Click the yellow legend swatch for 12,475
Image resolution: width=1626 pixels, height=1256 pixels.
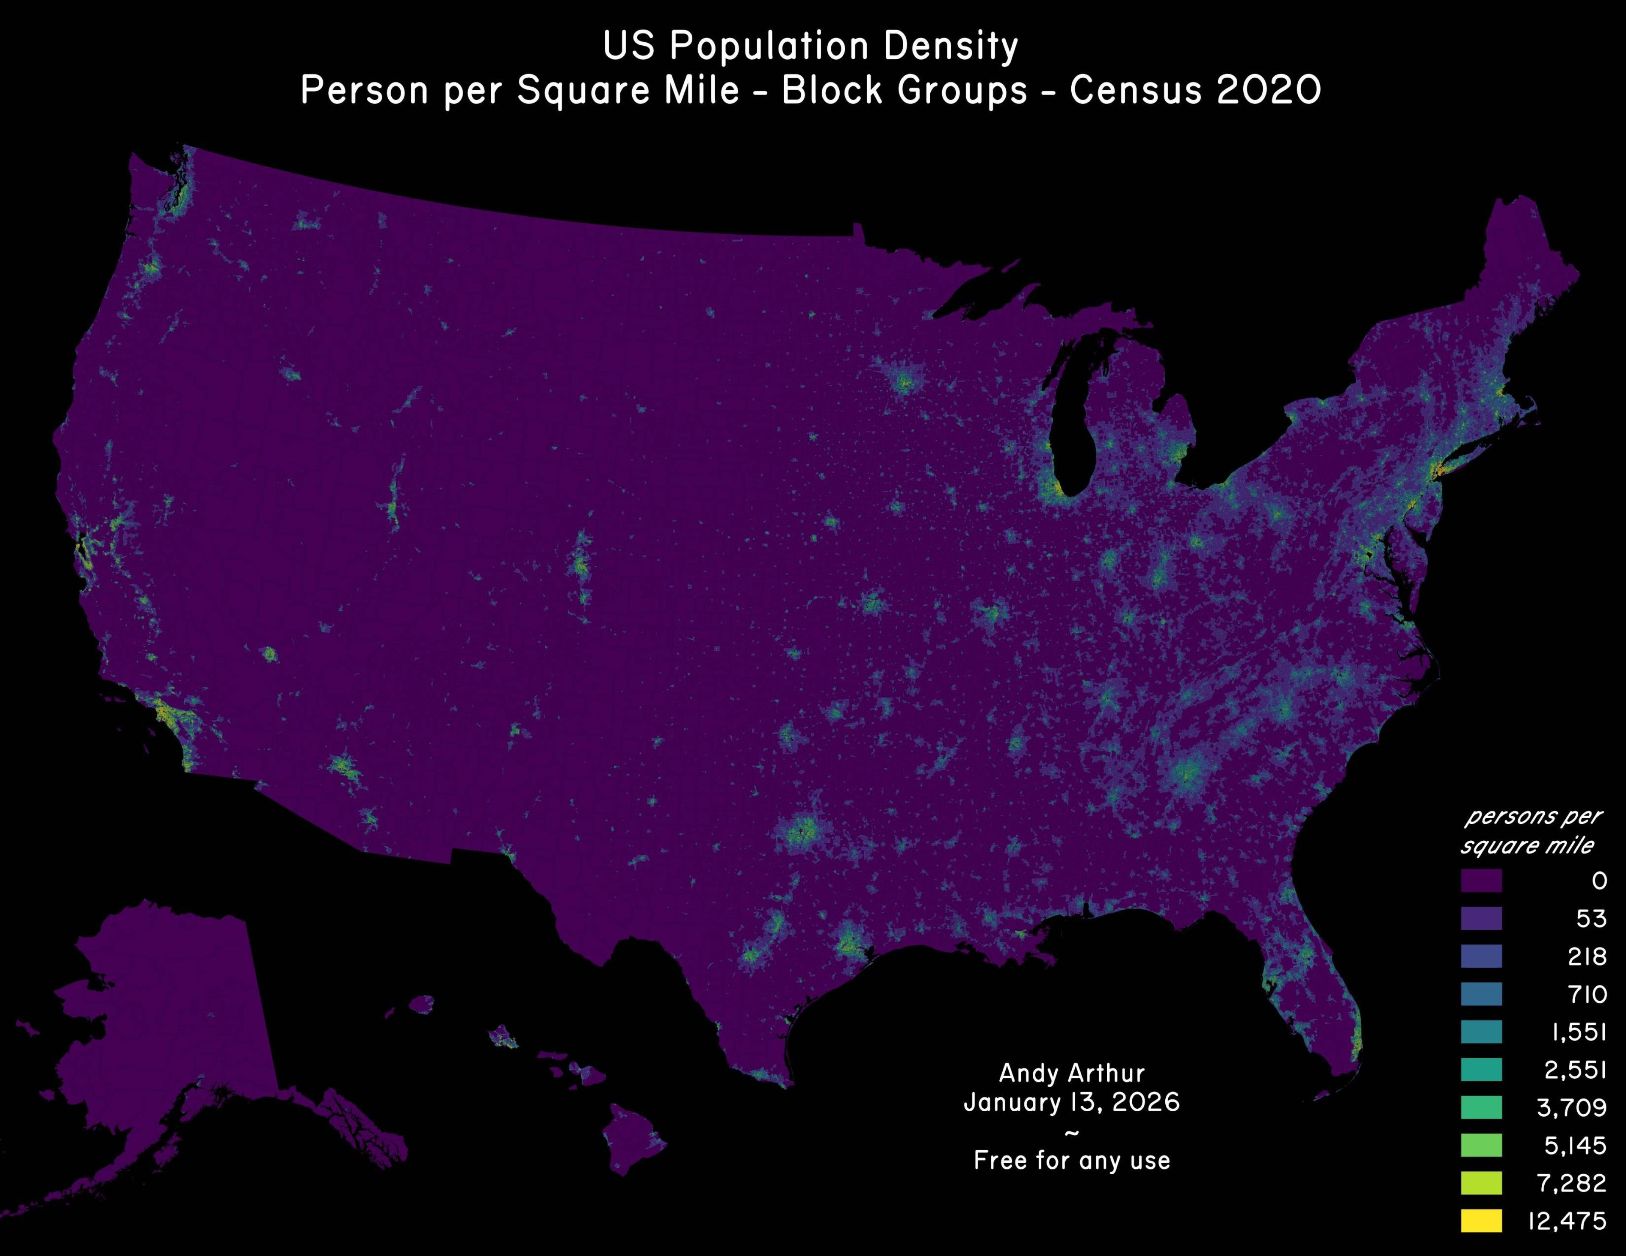click(1481, 1221)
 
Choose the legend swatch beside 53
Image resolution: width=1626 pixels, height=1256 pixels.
click(1481, 919)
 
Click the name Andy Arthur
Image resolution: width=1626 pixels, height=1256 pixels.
click(1071, 1073)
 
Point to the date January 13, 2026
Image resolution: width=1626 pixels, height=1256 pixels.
click(1071, 1102)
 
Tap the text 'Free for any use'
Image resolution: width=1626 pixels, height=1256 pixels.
click(1071, 1160)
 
